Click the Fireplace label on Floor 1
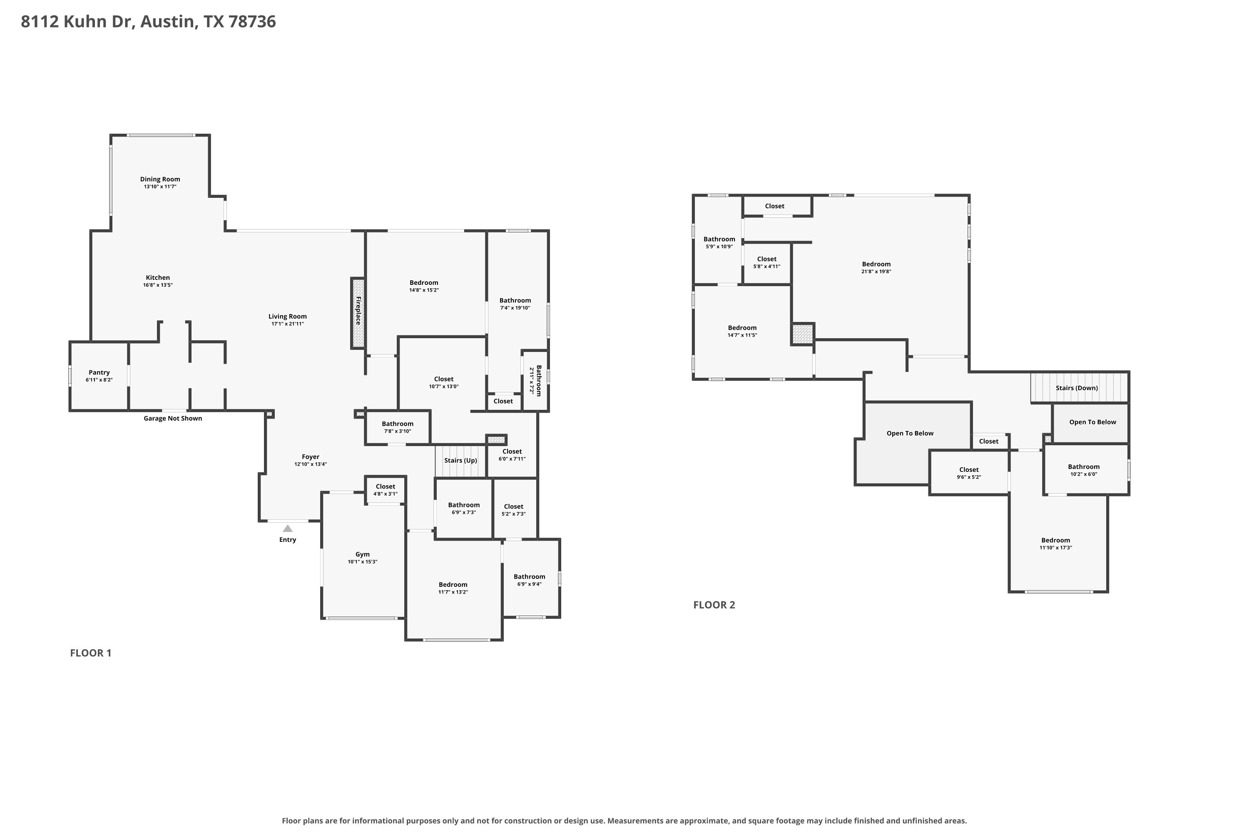click(358, 311)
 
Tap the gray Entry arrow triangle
click(287, 529)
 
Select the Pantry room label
click(100, 372)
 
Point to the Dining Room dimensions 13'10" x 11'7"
click(160, 187)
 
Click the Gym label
click(363, 554)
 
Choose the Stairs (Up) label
click(460, 460)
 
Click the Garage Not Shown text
click(173, 418)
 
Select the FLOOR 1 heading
click(91, 653)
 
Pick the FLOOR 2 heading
click(714, 605)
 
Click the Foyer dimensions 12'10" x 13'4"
click(311, 464)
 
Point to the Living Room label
click(287, 316)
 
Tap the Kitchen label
click(158, 277)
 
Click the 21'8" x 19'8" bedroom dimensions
click(876, 272)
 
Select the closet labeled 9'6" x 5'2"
click(969, 473)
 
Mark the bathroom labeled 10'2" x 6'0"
click(1083, 470)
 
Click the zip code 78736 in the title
click(252, 21)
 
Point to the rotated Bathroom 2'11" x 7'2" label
click(535, 380)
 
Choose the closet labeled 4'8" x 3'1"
click(385, 490)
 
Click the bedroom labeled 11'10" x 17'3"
click(1056, 544)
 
